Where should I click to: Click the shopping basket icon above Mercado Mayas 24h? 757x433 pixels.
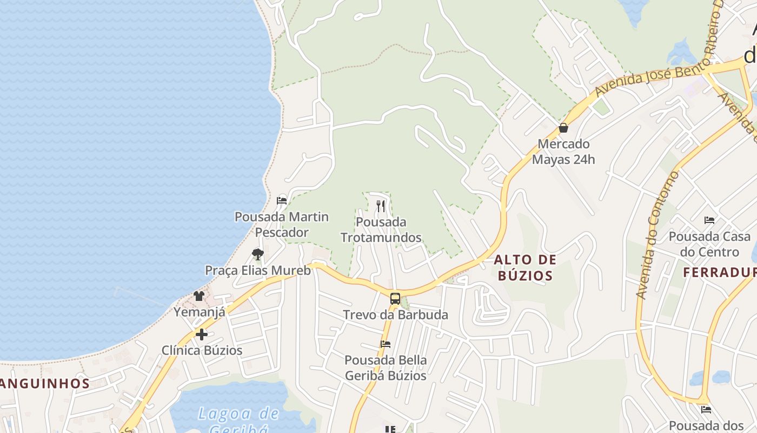click(563, 128)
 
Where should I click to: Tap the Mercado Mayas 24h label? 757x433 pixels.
click(563, 152)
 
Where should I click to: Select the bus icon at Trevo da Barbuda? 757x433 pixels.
click(395, 298)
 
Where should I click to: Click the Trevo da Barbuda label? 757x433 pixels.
click(395, 314)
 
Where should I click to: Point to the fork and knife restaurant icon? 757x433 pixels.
click(381, 206)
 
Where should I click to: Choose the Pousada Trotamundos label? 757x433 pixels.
click(381, 229)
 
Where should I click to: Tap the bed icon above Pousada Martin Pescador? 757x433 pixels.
click(281, 201)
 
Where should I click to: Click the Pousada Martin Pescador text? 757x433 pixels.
click(281, 224)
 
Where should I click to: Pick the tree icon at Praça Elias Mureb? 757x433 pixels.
click(258, 254)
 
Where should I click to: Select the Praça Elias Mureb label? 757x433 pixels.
click(258, 270)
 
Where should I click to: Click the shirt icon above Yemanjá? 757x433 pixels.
click(199, 296)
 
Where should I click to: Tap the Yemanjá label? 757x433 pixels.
click(199, 312)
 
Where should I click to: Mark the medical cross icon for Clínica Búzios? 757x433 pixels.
click(202, 334)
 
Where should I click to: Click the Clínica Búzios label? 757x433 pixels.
click(202, 350)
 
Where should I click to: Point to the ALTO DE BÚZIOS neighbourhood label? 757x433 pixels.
click(525, 267)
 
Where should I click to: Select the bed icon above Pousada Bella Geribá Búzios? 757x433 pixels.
click(386, 344)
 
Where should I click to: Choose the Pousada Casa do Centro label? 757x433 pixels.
click(709, 244)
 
